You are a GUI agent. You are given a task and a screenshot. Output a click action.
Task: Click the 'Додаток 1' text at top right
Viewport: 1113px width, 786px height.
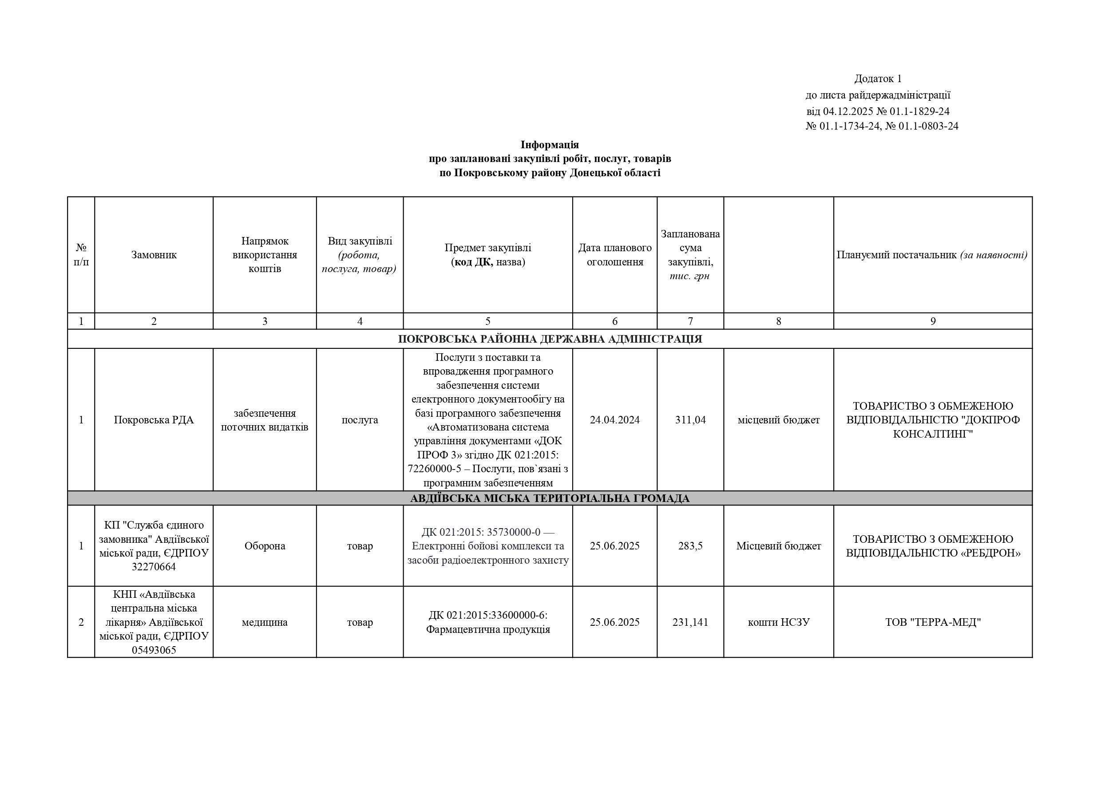877,79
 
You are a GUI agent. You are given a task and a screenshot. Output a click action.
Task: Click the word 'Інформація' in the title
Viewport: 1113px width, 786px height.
549,144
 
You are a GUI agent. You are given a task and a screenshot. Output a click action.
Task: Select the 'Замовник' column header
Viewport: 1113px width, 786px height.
154,255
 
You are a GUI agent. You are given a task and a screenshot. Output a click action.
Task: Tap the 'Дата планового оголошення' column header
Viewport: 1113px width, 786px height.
615,255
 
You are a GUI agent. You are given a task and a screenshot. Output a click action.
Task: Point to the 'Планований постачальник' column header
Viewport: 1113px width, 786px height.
932,255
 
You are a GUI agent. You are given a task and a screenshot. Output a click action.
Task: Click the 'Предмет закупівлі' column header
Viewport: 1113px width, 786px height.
487,255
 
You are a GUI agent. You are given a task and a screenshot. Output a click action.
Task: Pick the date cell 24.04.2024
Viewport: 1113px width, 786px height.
615,420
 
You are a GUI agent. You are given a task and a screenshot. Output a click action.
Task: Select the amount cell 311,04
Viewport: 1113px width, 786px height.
690,420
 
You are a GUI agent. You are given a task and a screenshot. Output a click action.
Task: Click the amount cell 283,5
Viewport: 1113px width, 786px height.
690,546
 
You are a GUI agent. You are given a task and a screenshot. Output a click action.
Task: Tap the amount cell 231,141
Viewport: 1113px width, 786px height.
690,622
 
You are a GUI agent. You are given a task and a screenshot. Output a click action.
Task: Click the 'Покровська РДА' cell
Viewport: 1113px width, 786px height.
154,420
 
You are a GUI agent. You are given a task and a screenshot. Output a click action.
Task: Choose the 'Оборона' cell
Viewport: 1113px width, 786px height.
265,546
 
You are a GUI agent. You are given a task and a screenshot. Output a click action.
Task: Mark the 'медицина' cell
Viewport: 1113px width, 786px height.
265,622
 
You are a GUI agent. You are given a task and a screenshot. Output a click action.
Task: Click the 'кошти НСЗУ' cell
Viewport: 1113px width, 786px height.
779,622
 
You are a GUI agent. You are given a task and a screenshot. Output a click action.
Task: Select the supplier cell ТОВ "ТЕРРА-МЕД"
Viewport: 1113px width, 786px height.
933,622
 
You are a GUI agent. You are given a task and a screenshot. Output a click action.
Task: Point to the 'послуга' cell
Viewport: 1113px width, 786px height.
360,420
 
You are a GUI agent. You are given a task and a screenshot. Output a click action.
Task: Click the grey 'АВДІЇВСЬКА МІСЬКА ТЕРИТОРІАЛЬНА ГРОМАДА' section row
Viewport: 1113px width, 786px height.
550,498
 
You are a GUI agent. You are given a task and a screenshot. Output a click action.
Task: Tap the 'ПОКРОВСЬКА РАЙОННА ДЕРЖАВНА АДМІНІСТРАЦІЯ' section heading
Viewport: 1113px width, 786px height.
550,339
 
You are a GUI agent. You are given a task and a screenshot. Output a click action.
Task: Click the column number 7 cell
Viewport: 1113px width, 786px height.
690,321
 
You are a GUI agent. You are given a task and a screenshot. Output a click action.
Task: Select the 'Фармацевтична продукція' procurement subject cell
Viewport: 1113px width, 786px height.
487,622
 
